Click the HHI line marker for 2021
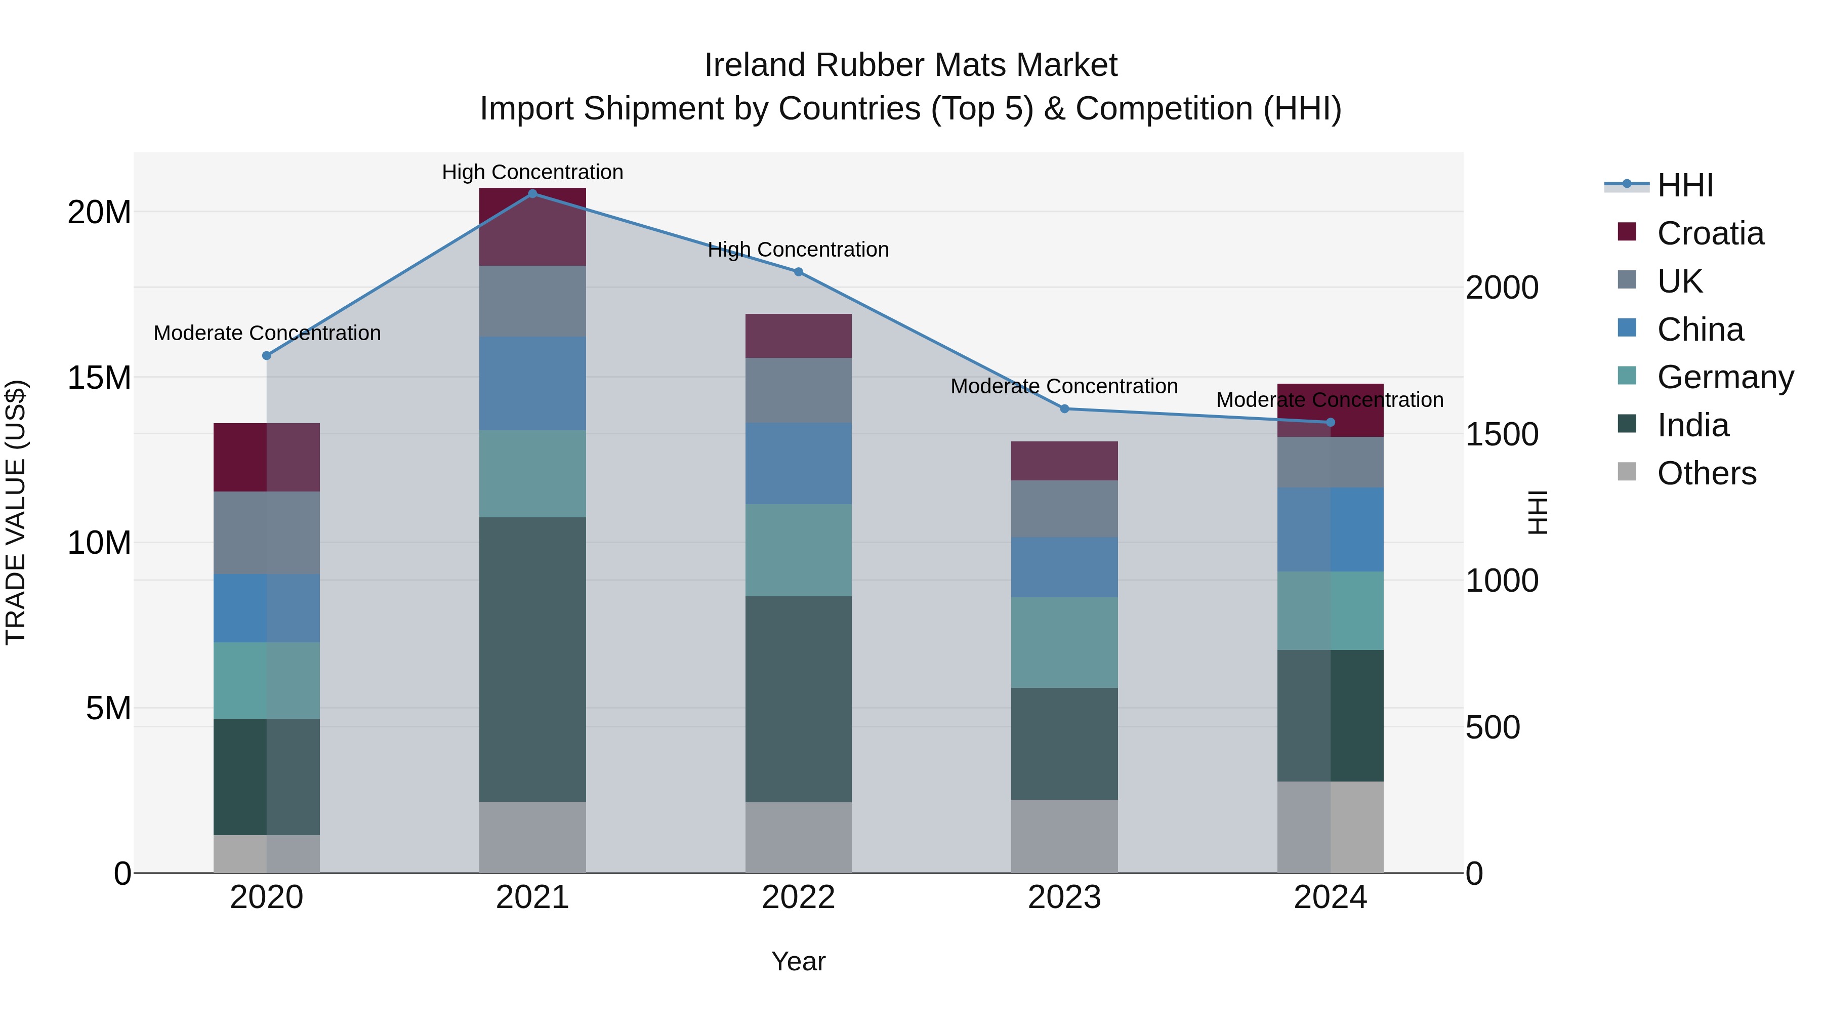(532, 193)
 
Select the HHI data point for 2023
(1064, 409)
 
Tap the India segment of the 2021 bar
(532, 659)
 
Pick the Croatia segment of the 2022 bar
(799, 336)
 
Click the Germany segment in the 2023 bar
(1064, 642)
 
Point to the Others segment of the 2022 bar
(799, 838)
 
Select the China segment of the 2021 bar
(532, 383)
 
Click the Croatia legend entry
(1710, 233)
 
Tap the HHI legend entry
(1685, 185)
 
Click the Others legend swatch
(1627, 472)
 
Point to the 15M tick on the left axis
(99, 378)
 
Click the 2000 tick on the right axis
(1502, 288)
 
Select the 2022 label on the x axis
(799, 897)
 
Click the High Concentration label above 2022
(799, 250)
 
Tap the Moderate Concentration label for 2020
(267, 333)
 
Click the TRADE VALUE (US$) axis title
(16, 512)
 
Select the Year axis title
(799, 961)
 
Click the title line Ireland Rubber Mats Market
(910, 65)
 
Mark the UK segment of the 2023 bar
(1064, 509)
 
